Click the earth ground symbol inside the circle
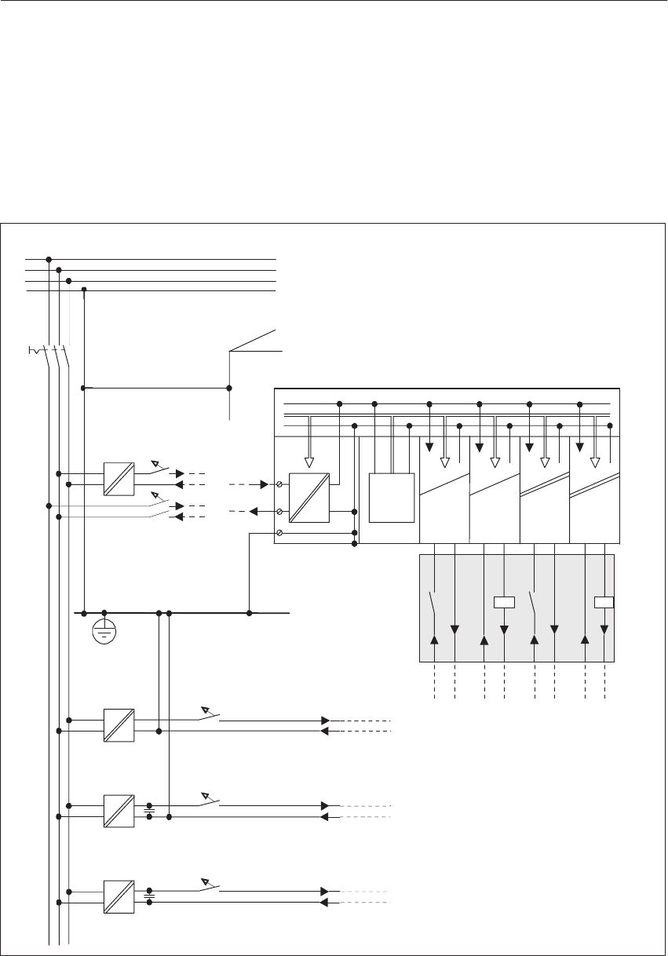click(104, 631)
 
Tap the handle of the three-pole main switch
click(35, 350)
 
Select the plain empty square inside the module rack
click(392, 498)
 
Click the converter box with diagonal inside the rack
click(309, 498)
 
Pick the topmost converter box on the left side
click(119, 479)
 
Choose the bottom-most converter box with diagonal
click(119, 896)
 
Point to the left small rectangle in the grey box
click(504, 603)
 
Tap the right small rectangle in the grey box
click(604, 603)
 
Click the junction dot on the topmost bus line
click(49, 259)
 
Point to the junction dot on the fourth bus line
click(84, 290)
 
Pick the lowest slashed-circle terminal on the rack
click(280, 533)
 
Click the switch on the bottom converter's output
click(210, 887)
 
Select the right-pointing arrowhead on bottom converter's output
click(324, 892)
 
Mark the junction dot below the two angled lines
click(229, 388)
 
